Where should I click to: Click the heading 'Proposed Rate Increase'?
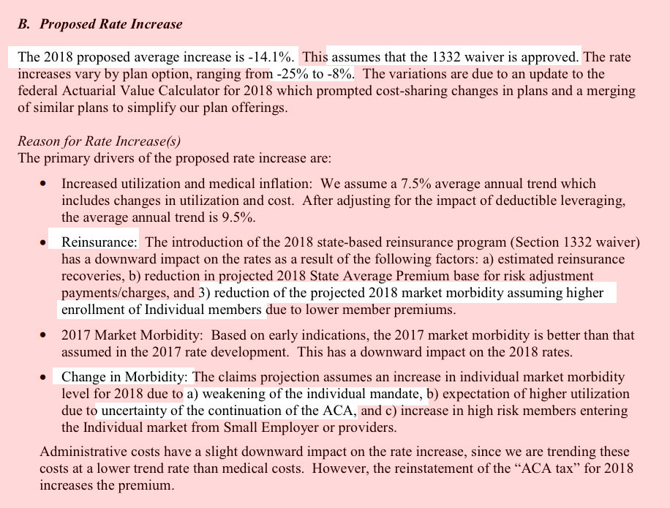[110, 24]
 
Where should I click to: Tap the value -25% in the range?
[292, 74]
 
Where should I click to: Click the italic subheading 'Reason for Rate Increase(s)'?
[99, 141]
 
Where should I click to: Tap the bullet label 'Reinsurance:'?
[99, 242]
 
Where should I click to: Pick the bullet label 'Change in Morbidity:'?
[125, 377]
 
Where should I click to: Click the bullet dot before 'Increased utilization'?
[45, 184]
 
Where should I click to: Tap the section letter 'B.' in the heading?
[24, 24]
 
